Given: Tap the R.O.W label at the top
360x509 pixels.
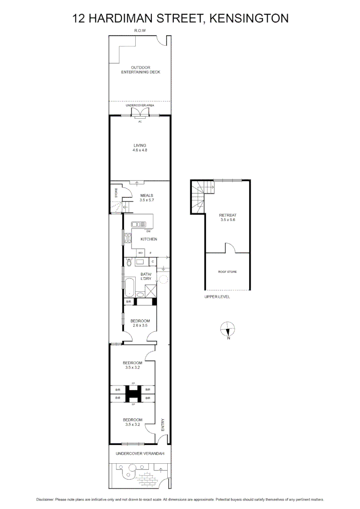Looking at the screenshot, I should click(140, 31).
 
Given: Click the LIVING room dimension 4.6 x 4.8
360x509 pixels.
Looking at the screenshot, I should click(140, 150).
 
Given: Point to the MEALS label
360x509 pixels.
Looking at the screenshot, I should click(147, 195).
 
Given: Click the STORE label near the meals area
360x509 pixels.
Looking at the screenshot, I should click(116, 193).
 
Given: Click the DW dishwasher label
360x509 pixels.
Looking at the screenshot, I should click(148, 231).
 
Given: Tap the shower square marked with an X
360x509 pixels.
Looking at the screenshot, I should click(151, 291).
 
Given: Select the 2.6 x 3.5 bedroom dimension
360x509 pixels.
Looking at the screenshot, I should click(140, 325).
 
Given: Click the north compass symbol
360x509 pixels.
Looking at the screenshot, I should click(228, 328).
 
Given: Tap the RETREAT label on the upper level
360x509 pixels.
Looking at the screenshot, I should click(228, 215).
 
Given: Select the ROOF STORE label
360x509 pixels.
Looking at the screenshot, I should click(227, 272).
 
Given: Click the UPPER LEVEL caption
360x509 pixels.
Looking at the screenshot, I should click(217, 297).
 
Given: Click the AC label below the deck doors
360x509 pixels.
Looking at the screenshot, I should click(140, 122).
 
